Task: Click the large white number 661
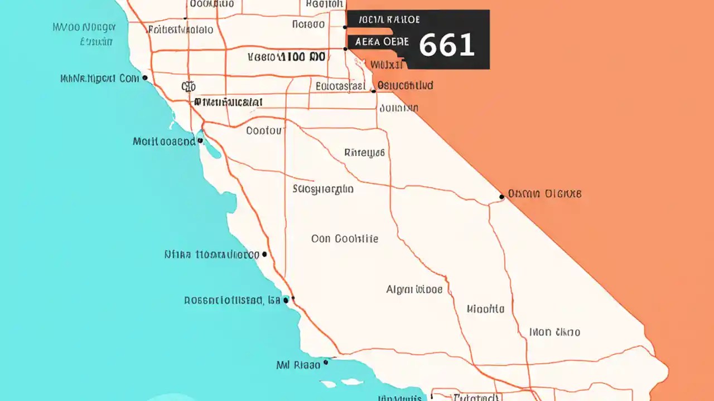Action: [446, 45]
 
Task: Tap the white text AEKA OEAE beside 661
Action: [382, 42]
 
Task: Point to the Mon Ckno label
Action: [554, 332]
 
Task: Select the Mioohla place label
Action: [485, 309]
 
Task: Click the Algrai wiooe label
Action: [414, 290]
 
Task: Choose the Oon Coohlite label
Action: [345, 239]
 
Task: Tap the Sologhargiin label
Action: [323, 189]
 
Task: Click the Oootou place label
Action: [265, 131]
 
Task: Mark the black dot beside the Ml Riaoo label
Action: [326, 362]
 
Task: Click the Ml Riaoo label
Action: [298, 365]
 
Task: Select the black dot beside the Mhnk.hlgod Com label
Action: [145, 78]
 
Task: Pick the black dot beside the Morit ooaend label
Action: [200, 141]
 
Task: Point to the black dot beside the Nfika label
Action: [264, 255]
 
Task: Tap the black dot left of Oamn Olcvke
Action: [502, 197]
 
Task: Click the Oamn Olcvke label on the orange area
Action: [544, 194]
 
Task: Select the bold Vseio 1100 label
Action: [286, 56]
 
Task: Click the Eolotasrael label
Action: [340, 86]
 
